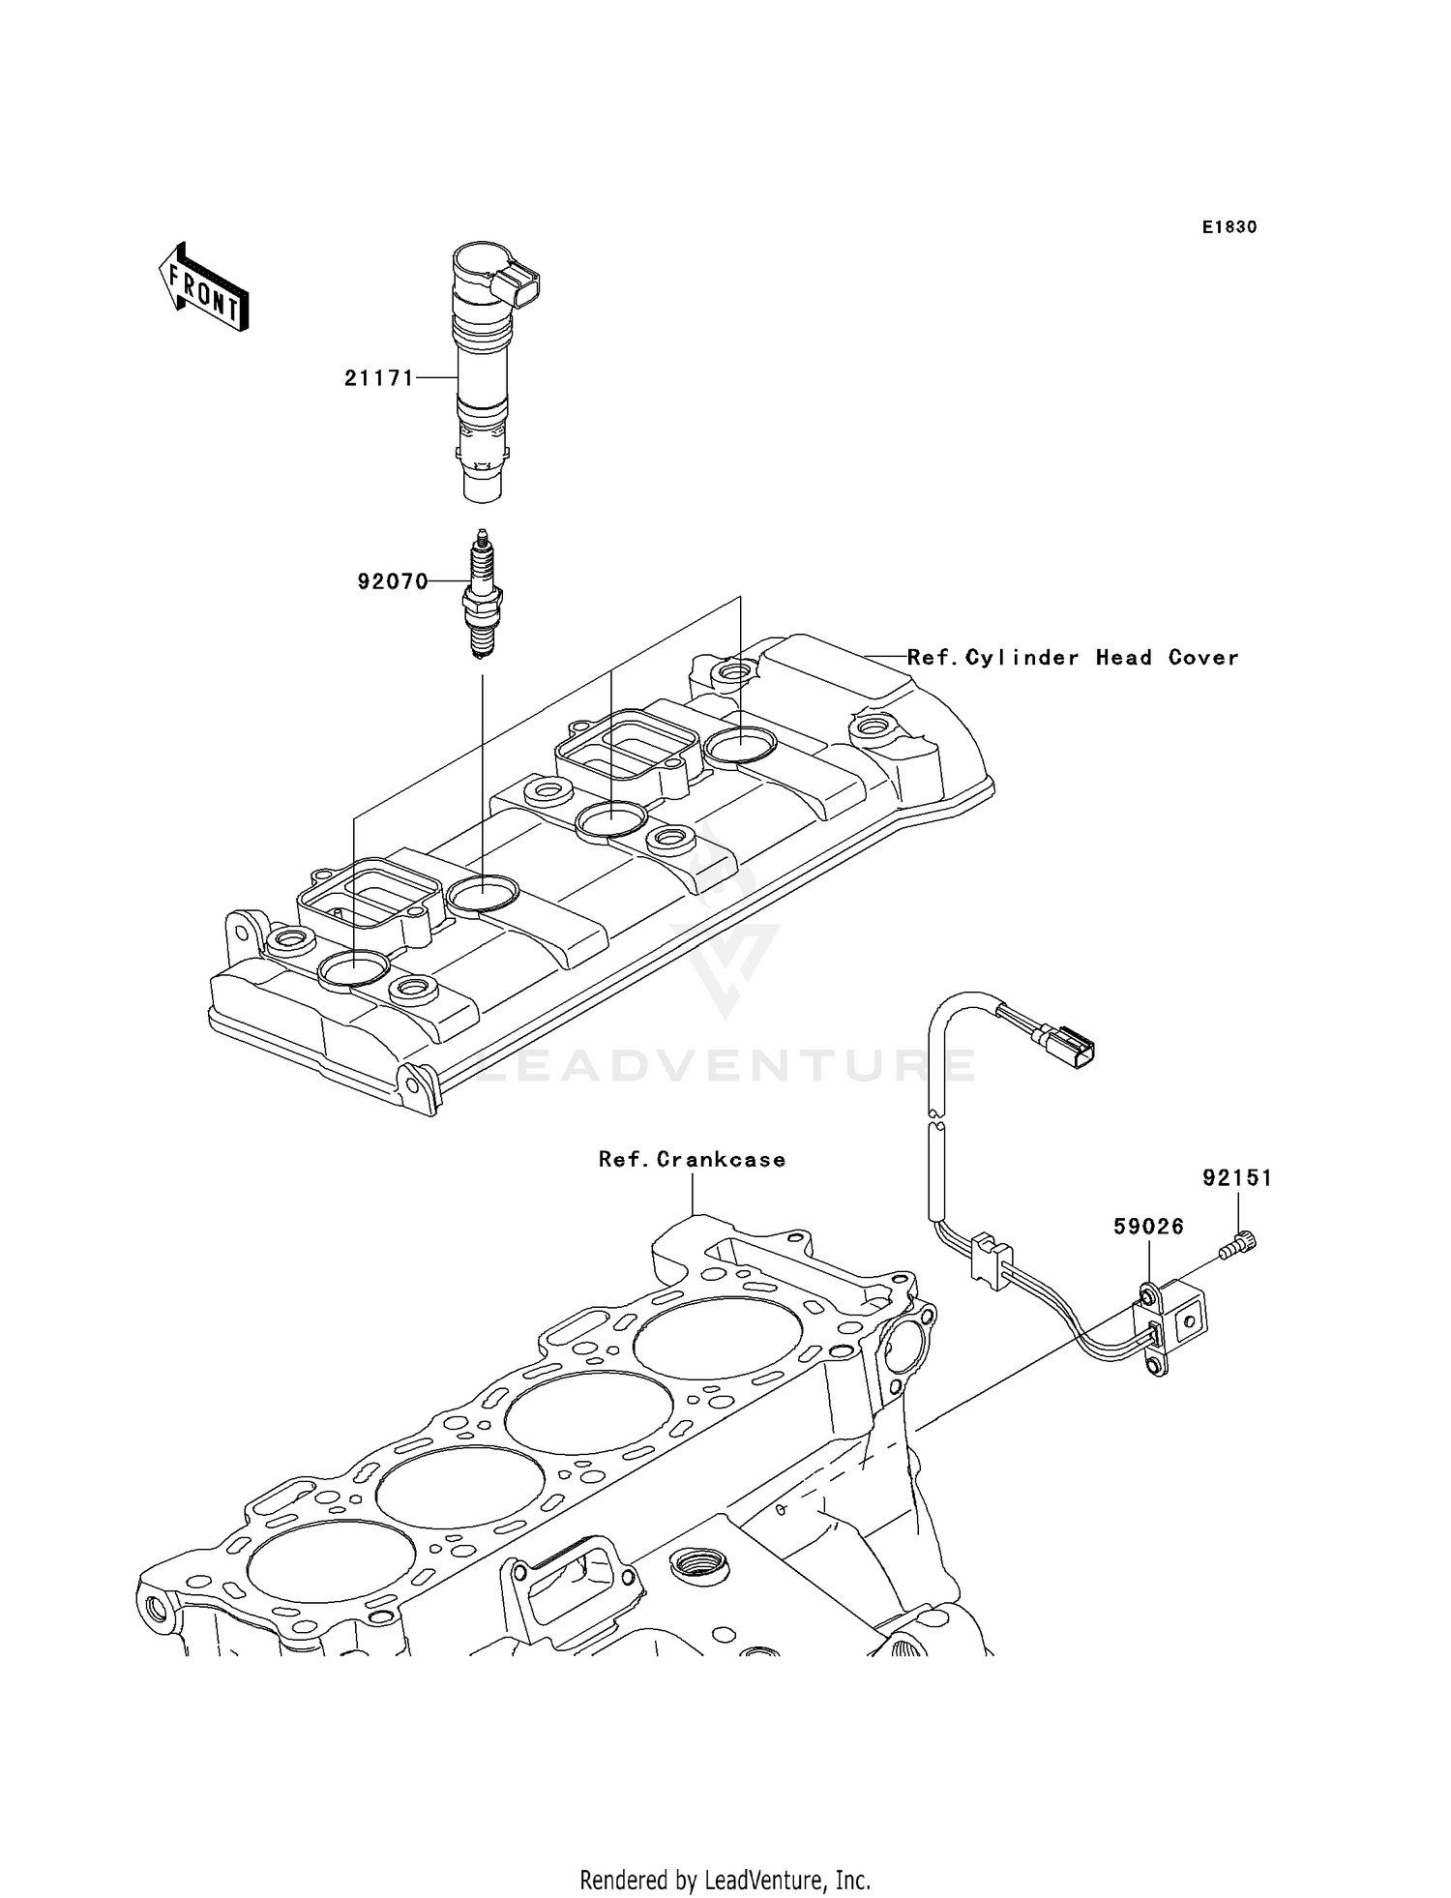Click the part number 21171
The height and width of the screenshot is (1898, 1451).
coord(378,378)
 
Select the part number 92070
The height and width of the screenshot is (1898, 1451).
coord(392,581)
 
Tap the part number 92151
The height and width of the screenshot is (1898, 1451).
coord(1237,1178)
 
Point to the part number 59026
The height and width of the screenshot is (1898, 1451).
coord(1148,1227)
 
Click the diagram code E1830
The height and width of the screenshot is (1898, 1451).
coord(1229,227)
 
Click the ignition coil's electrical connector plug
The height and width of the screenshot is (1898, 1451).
coord(516,287)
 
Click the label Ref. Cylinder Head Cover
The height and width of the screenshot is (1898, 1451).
coord(1072,658)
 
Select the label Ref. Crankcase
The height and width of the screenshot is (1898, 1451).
coord(691,1159)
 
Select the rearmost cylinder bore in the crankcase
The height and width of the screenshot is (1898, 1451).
coord(717,1340)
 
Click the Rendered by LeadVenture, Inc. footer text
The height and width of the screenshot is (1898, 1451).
coord(725,1881)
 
